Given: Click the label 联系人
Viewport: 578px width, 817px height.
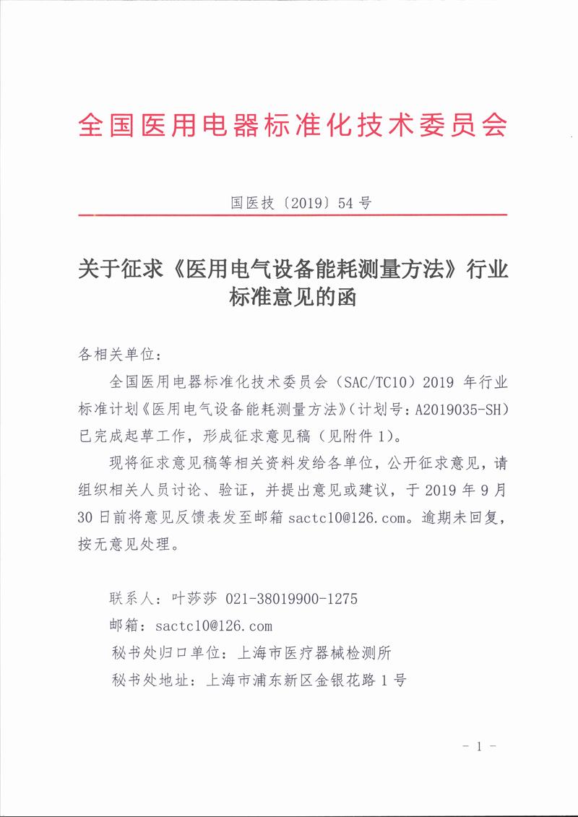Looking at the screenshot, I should coord(128,599).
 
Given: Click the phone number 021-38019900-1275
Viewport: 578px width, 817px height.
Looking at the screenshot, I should coord(292,599).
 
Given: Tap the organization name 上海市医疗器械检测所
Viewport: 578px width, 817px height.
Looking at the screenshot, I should coord(310,652).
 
